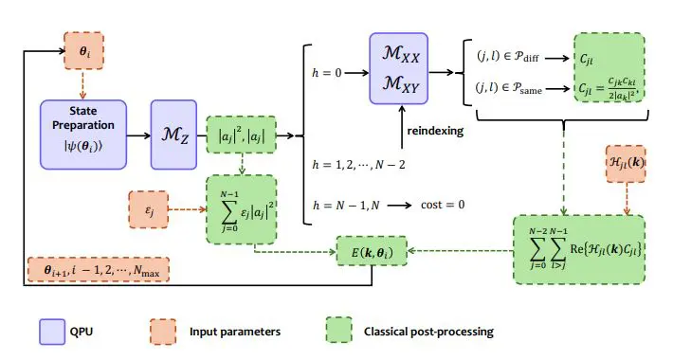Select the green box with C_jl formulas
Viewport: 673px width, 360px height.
[x=608, y=70]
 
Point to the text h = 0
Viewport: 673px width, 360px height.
[x=329, y=70]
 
